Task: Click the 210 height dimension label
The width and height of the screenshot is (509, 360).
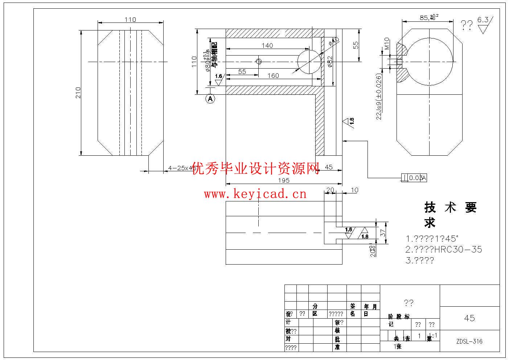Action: [x=78, y=93]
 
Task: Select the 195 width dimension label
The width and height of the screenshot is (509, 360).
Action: [x=284, y=180]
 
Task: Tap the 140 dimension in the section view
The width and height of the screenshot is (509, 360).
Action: [x=267, y=46]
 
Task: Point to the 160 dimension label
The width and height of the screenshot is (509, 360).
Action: [x=273, y=75]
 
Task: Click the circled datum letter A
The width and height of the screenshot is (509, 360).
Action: [x=210, y=98]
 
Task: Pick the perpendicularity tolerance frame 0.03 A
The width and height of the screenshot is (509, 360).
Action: [x=414, y=178]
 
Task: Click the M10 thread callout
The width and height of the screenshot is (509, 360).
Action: [x=387, y=44]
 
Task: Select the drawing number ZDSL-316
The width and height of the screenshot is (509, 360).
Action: [x=469, y=341]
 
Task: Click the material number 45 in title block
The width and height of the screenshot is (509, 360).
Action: [x=469, y=318]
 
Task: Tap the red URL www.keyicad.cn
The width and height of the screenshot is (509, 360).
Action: [x=255, y=194]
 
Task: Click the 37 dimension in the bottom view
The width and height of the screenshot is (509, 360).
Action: [x=383, y=233]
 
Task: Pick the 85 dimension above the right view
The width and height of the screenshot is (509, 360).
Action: [x=424, y=17]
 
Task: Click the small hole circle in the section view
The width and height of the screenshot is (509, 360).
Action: [x=259, y=61]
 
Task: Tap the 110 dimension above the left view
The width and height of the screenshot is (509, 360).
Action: [x=130, y=20]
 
